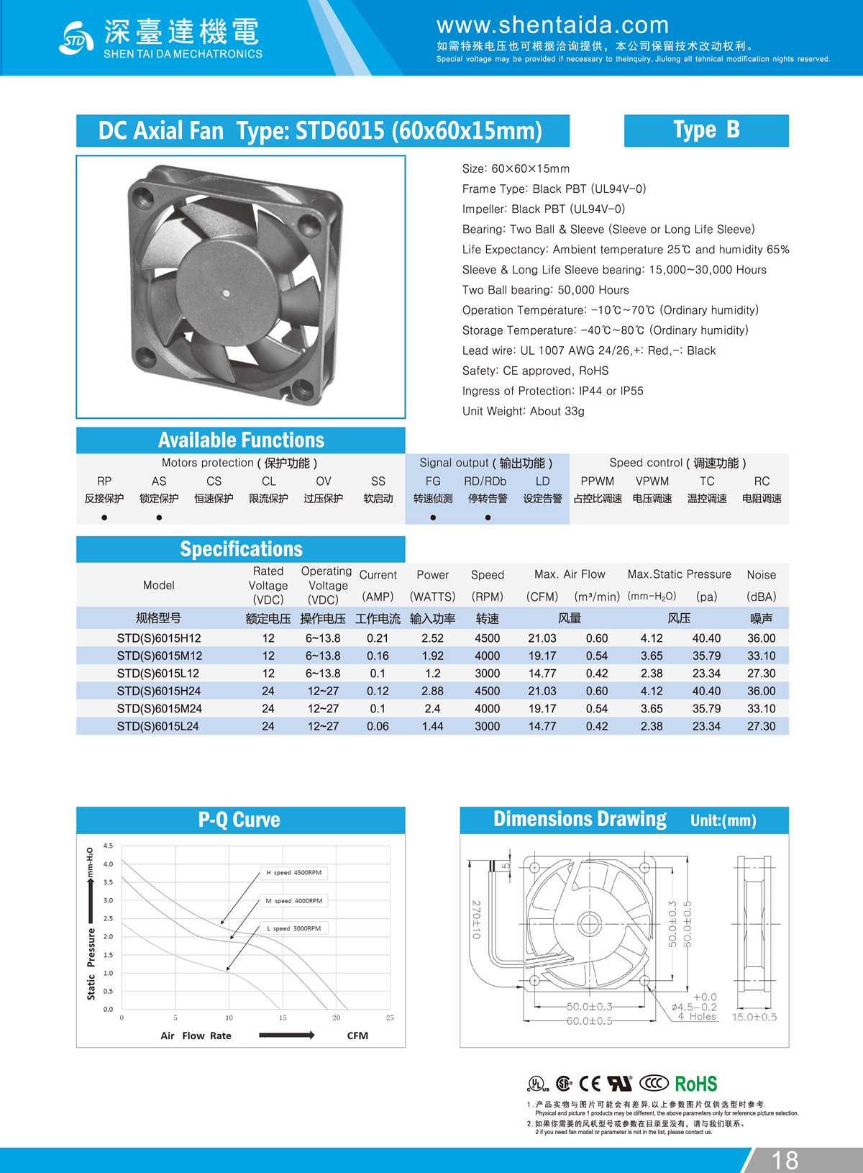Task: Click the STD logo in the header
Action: coord(76,38)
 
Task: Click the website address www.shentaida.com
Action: coord(552,25)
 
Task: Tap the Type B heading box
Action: coord(706,130)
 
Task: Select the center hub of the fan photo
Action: coord(226,293)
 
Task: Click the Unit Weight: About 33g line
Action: coord(523,411)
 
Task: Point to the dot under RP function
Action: coord(104,517)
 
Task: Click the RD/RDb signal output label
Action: coord(485,481)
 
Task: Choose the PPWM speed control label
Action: coord(597,481)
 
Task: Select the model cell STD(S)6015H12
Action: coord(159,638)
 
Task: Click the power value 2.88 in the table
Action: coord(432,691)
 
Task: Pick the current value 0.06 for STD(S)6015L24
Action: coord(378,726)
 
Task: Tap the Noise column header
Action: coord(761,575)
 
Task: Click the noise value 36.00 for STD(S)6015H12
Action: coord(761,638)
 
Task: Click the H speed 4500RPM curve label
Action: coord(293,873)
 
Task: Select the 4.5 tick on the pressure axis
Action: coord(108,846)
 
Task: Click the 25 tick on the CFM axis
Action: coord(390,1018)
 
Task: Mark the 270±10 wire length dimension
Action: coord(476,919)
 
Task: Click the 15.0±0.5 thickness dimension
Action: coord(754,1017)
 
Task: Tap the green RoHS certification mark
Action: coord(695,1084)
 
